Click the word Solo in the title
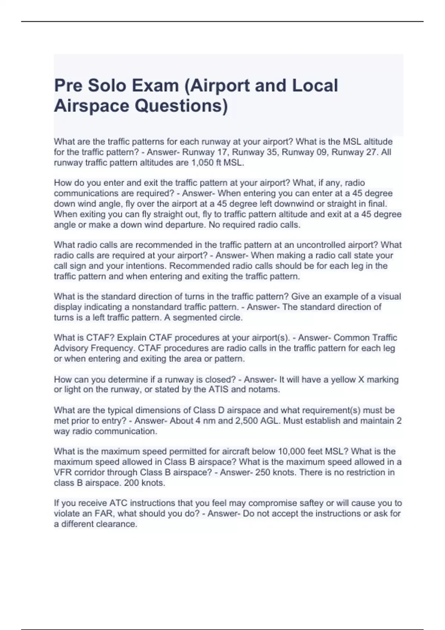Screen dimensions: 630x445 (x=104, y=86)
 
